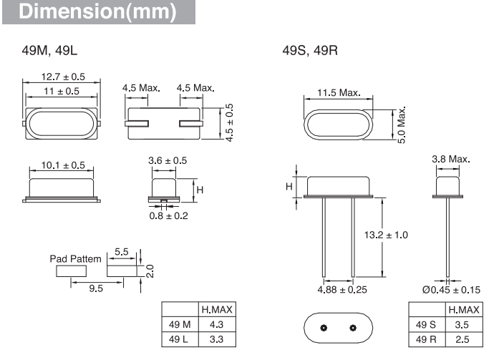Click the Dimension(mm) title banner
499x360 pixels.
[99, 11]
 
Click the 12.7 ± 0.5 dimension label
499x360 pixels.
[63, 77]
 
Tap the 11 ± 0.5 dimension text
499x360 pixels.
[62, 92]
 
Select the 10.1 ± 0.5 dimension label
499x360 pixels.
[63, 165]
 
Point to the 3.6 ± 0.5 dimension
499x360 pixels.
[168, 160]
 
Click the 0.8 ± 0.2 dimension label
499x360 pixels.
[169, 215]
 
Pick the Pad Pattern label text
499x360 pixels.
[75, 259]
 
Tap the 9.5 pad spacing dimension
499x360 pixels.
[96, 288]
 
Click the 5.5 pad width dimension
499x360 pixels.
[122, 252]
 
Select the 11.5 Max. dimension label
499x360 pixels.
[339, 93]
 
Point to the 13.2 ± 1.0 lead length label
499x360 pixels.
[386, 235]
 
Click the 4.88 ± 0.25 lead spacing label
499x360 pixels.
[342, 290]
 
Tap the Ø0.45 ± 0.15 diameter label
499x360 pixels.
[451, 290]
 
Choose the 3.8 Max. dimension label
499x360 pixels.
[451, 159]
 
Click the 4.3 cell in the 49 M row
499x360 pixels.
[217, 325]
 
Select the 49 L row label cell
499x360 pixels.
[180, 339]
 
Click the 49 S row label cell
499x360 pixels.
[427, 325]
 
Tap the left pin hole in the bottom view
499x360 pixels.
[324, 328]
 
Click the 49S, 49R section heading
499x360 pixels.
[310, 51]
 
